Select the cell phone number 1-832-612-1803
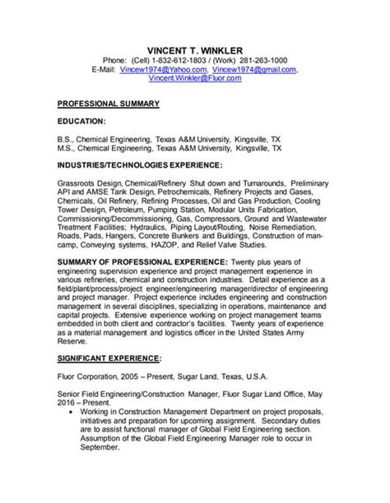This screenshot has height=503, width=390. (177, 60)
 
